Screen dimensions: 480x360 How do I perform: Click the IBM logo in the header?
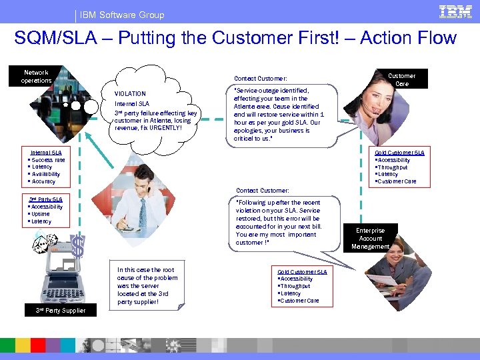(x=455, y=11)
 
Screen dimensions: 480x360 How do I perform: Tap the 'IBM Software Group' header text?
(x=121, y=15)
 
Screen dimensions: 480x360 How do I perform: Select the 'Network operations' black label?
(x=36, y=77)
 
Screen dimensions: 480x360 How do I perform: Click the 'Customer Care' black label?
(x=401, y=80)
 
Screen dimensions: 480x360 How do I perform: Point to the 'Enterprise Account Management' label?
(x=371, y=239)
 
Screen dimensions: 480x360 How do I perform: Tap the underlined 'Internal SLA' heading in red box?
(x=46, y=153)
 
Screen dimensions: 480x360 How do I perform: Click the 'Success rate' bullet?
(x=48, y=160)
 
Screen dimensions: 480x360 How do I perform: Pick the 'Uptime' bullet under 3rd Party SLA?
(x=41, y=214)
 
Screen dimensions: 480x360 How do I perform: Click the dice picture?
(x=43, y=245)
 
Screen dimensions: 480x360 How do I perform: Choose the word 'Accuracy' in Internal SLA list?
(x=43, y=181)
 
